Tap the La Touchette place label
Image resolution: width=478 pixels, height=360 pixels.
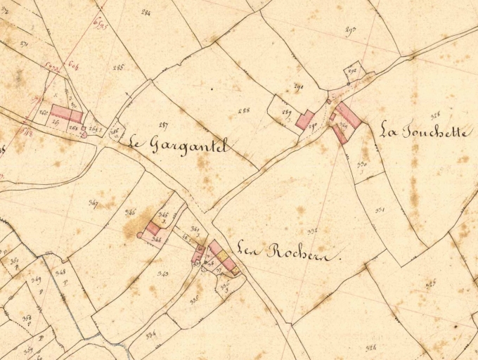coord(426,131)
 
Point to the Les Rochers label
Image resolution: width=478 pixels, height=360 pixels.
coord(288,251)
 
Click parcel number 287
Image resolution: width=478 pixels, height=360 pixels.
coord(163,124)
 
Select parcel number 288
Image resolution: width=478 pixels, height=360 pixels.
coord(244,110)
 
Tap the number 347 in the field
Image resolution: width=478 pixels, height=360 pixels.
coord(93,204)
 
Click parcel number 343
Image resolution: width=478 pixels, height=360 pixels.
coord(163,273)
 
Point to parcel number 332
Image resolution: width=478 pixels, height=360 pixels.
coord(312,231)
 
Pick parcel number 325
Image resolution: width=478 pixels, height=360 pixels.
coord(430,283)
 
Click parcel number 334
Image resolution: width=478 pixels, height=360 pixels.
coord(150,335)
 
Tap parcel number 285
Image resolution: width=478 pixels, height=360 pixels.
coord(117,67)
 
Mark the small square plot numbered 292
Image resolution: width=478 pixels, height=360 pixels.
coord(352,72)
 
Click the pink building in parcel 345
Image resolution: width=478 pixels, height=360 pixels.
coord(153,228)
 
